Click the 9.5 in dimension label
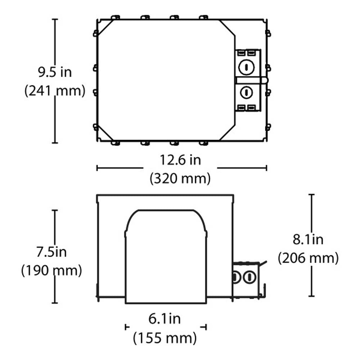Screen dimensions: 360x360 point(55,72)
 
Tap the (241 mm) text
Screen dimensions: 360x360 point(55,91)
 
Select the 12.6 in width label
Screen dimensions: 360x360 point(180,160)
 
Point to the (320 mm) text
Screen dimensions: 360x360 point(180,179)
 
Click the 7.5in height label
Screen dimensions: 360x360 point(51,252)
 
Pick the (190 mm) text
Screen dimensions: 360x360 point(51,270)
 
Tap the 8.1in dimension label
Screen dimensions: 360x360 point(308,239)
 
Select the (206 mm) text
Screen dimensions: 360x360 point(308,258)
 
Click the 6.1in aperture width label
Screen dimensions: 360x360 point(165,319)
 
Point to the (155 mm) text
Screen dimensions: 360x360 point(165,338)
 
